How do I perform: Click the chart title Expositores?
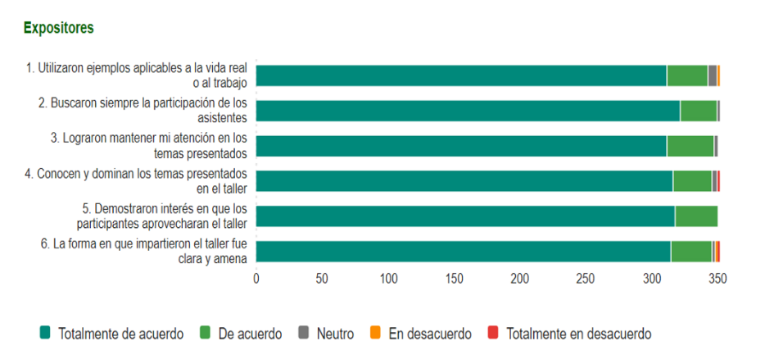pos(58,28)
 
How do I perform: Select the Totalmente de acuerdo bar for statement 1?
pos(461,75)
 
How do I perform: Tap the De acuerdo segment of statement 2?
pos(698,111)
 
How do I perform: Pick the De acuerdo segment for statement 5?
pos(695,216)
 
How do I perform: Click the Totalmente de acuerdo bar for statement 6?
pos(463,252)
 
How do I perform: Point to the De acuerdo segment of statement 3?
pos(690,146)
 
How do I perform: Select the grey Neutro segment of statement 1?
pos(712,75)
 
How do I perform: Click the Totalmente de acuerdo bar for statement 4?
pos(464,181)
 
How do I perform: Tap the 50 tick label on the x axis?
pos(322,279)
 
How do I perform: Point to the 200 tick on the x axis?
pos(519,279)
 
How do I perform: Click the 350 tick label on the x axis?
pos(717,279)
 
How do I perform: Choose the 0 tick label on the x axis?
pos(256,279)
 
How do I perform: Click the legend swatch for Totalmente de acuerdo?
pos(45,333)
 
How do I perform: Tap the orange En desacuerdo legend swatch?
pos(375,333)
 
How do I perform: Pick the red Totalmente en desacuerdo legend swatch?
pos(493,333)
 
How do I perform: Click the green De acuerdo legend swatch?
pos(205,333)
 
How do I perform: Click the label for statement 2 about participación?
pos(143,111)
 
